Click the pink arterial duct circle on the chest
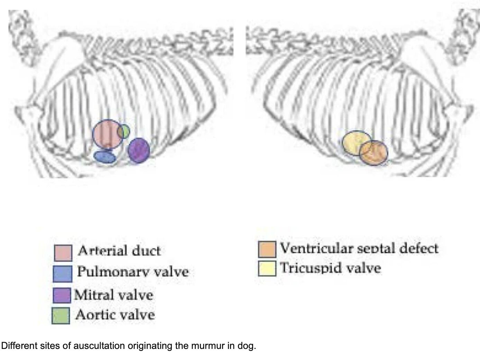point(107,134)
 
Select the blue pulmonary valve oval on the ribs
point(104,157)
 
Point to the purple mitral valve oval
point(139,150)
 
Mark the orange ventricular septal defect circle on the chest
point(374,153)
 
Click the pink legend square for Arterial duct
point(63,253)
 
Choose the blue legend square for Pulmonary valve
point(63,274)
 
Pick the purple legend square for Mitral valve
point(62,295)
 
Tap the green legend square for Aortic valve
point(61,316)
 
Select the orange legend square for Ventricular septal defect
point(267,249)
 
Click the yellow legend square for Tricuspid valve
point(267,268)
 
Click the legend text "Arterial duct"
point(119,250)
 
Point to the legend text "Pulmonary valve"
point(133,272)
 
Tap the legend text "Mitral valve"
point(113,295)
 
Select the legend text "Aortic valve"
point(115,315)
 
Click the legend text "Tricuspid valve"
point(331,268)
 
